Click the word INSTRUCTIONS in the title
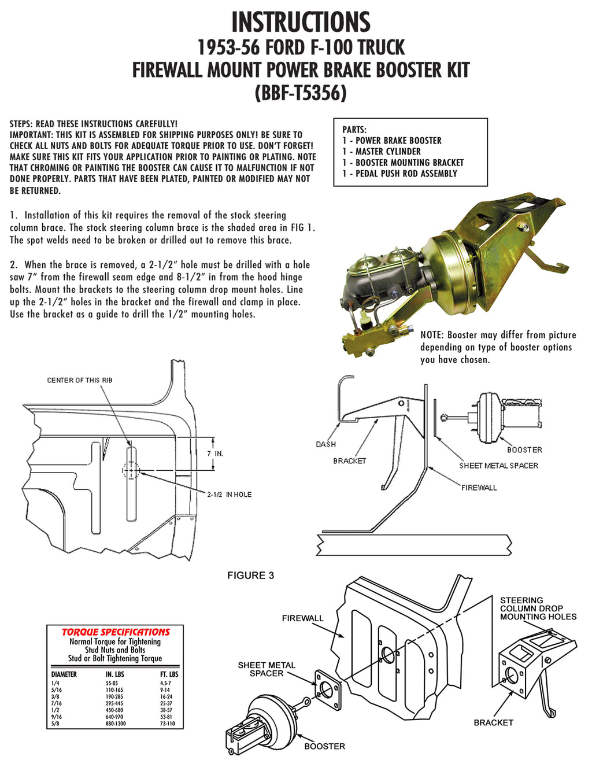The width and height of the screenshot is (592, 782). (301, 22)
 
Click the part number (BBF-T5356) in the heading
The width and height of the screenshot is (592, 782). (301, 93)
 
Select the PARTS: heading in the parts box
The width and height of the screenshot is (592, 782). (354, 130)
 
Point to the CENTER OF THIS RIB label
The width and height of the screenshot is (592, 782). (80, 380)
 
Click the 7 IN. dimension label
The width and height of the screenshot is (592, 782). (215, 453)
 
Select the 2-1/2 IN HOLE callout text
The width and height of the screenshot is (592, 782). (230, 495)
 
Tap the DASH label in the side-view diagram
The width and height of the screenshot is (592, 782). (325, 444)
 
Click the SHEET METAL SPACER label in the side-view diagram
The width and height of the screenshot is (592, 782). (498, 466)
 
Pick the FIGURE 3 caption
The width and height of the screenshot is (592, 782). (250, 576)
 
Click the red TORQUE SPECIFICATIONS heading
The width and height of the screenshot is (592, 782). (116, 632)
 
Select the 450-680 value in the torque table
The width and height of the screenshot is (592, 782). (114, 710)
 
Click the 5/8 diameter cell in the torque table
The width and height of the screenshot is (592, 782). (55, 724)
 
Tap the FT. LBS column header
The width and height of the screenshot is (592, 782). (169, 674)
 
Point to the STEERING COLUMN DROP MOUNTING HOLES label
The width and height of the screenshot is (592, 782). (538, 608)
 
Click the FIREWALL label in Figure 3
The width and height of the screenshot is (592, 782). (302, 618)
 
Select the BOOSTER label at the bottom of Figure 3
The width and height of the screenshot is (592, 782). (324, 747)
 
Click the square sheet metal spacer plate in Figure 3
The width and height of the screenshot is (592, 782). (328, 690)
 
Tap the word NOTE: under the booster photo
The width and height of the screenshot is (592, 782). (431, 335)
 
